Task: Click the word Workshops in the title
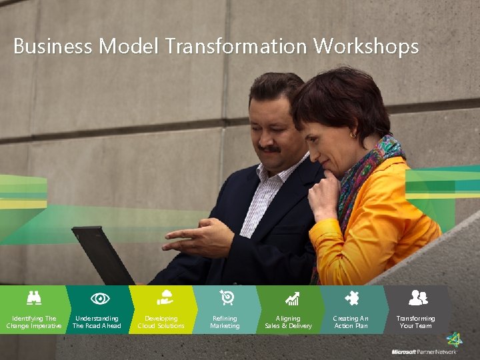click(366, 47)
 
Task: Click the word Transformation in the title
click(237, 47)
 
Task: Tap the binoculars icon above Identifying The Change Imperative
click(33, 298)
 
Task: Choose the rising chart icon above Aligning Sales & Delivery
click(291, 299)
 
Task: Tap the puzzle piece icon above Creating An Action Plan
click(351, 298)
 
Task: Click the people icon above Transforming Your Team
click(417, 298)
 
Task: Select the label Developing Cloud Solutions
click(161, 322)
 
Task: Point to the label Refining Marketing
click(225, 322)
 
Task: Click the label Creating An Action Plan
click(351, 322)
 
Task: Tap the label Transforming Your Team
click(415, 322)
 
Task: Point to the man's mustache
click(269, 149)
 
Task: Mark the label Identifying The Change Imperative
click(33, 322)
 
